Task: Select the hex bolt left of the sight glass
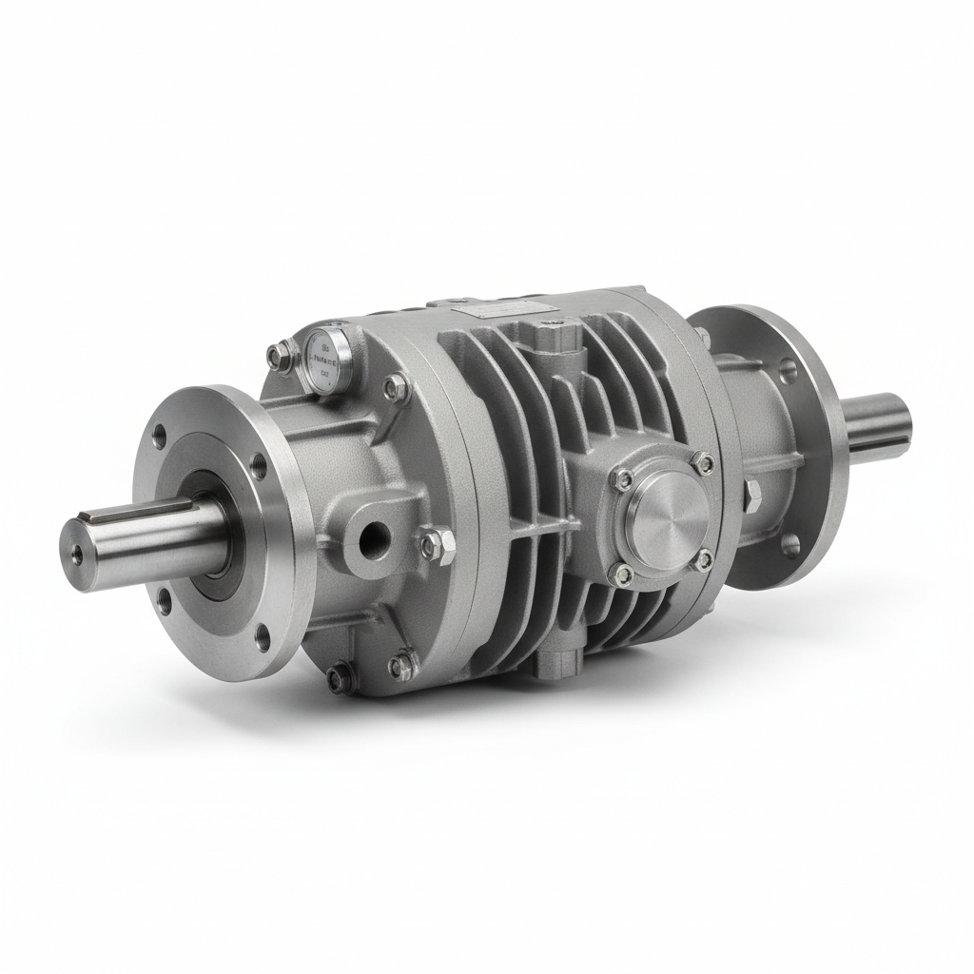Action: (x=277, y=356)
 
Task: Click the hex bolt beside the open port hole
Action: (x=430, y=544)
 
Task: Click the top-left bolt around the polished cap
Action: (x=623, y=478)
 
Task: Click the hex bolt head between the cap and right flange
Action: (x=751, y=495)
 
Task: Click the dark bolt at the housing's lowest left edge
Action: (x=340, y=678)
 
